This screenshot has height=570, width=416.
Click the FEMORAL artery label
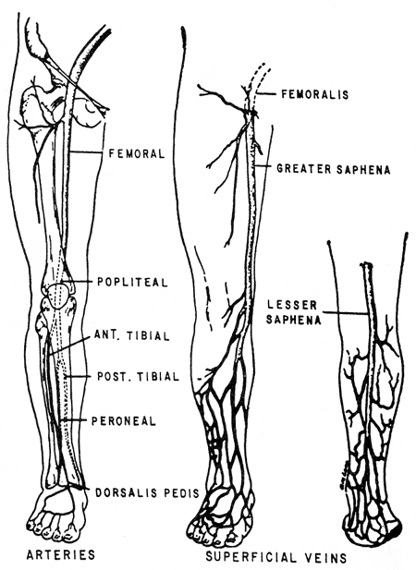coord(137,153)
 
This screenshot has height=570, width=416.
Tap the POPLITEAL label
coord(133,282)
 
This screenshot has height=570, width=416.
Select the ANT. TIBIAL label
coord(132,335)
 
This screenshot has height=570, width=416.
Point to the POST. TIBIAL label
coord(138,376)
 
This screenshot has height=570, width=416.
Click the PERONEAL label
coord(123,421)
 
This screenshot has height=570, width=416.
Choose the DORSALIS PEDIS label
coord(147,492)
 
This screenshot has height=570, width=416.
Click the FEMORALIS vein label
coord(315,94)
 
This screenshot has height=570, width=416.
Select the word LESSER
coord(291,305)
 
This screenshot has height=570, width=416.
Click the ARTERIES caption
coord(61,554)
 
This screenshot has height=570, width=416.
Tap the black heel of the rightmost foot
coord(395,529)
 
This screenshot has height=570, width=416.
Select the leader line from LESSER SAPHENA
coord(346,312)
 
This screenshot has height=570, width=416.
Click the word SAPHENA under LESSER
coord(293,319)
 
